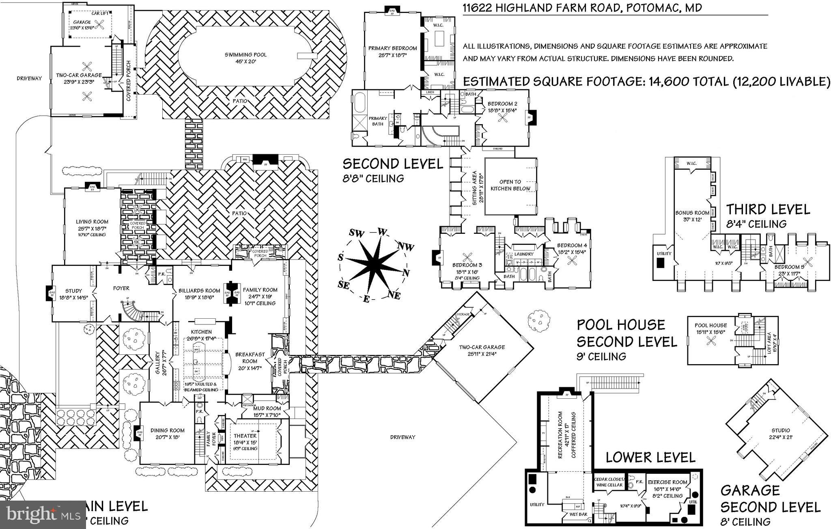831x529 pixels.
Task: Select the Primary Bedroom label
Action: (392, 48)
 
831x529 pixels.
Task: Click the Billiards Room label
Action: (199, 290)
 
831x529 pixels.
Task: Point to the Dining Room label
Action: (167, 430)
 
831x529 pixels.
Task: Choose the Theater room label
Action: (245, 436)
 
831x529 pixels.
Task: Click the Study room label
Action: (73, 291)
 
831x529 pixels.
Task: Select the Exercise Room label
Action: (667, 482)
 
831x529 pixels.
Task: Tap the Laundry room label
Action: (523, 254)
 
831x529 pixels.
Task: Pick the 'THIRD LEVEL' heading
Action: (768, 209)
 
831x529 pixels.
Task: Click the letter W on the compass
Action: (382, 232)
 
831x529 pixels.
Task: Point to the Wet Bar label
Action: (578, 514)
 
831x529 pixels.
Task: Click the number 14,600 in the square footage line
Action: (666, 82)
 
